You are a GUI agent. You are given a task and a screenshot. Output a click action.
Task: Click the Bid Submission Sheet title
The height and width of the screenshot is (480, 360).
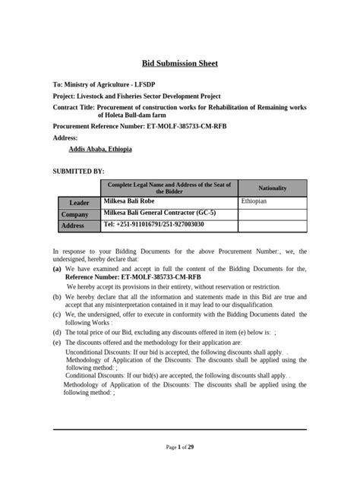coord(180,63)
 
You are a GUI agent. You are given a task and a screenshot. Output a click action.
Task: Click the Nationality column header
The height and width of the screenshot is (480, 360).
coord(273,187)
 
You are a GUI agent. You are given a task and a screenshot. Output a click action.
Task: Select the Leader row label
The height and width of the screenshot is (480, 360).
coord(79,203)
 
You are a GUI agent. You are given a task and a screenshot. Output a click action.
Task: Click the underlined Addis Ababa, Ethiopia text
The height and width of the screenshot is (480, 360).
coord(100,149)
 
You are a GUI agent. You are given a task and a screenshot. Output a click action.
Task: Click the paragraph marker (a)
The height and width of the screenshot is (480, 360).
coord(57,269)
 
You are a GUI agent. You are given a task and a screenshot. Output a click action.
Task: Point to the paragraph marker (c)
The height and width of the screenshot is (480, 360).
coord(57,314)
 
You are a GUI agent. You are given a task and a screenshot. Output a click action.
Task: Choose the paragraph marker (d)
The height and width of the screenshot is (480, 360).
coord(57,332)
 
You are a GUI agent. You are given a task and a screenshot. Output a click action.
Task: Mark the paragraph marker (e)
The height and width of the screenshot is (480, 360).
coord(57,343)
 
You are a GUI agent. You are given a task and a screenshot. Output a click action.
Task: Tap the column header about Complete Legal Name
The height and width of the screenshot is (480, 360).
coord(169,187)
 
